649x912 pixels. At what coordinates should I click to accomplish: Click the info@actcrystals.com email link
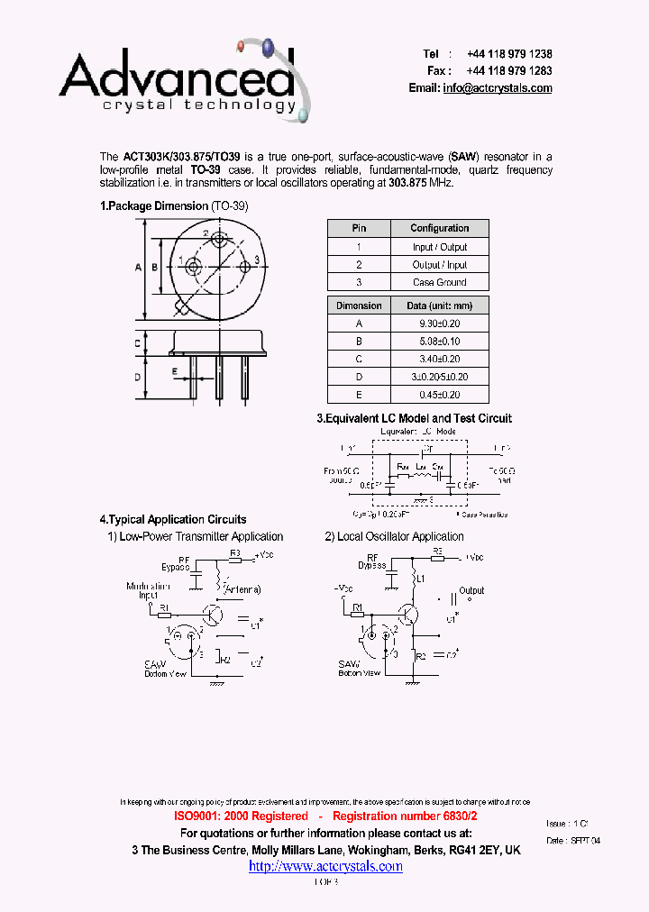coord(498,88)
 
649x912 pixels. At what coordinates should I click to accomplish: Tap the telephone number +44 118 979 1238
coord(509,54)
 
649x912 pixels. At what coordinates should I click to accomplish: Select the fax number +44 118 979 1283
coord(509,71)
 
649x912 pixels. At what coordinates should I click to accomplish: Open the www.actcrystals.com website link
coord(325,866)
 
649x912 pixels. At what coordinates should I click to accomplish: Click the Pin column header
coord(359,229)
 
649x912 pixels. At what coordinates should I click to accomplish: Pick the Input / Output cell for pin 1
coord(440,247)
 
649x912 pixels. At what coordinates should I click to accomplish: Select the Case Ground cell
coord(440,282)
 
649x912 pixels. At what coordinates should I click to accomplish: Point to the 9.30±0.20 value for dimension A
coord(440,324)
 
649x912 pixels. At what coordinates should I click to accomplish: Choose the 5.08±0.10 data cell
coord(440,342)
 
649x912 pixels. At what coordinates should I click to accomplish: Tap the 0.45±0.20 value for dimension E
coord(440,394)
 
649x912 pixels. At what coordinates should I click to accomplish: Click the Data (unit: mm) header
coord(440,306)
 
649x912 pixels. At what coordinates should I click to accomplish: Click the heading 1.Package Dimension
coord(154,206)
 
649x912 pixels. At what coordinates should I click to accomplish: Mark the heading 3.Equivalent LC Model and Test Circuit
coord(414,418)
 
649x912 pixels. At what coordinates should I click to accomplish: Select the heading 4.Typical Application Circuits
coord(172,520)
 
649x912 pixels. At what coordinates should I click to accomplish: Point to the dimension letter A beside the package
coord(139,268)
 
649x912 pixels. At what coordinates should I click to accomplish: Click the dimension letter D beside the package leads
coord(139,377)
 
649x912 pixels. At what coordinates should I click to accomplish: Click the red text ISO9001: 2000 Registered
coord(240,816)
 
